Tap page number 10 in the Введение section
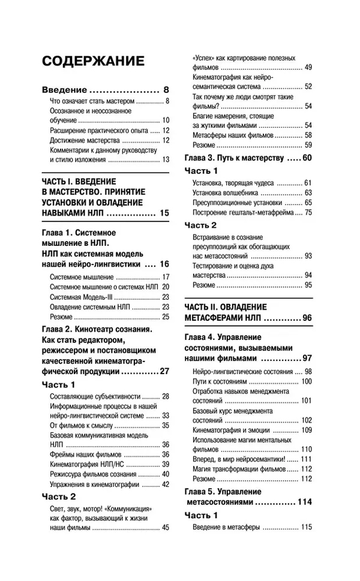(x=166, y=120)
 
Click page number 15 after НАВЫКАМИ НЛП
(x=165, y=212)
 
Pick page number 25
(x=166, y=316)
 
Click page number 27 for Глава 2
(x=164, y=371)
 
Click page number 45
(x=166, y=528)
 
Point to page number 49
(x=308, y=67)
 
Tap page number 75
(x=308, y=212)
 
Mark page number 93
(x=308, y=256)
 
